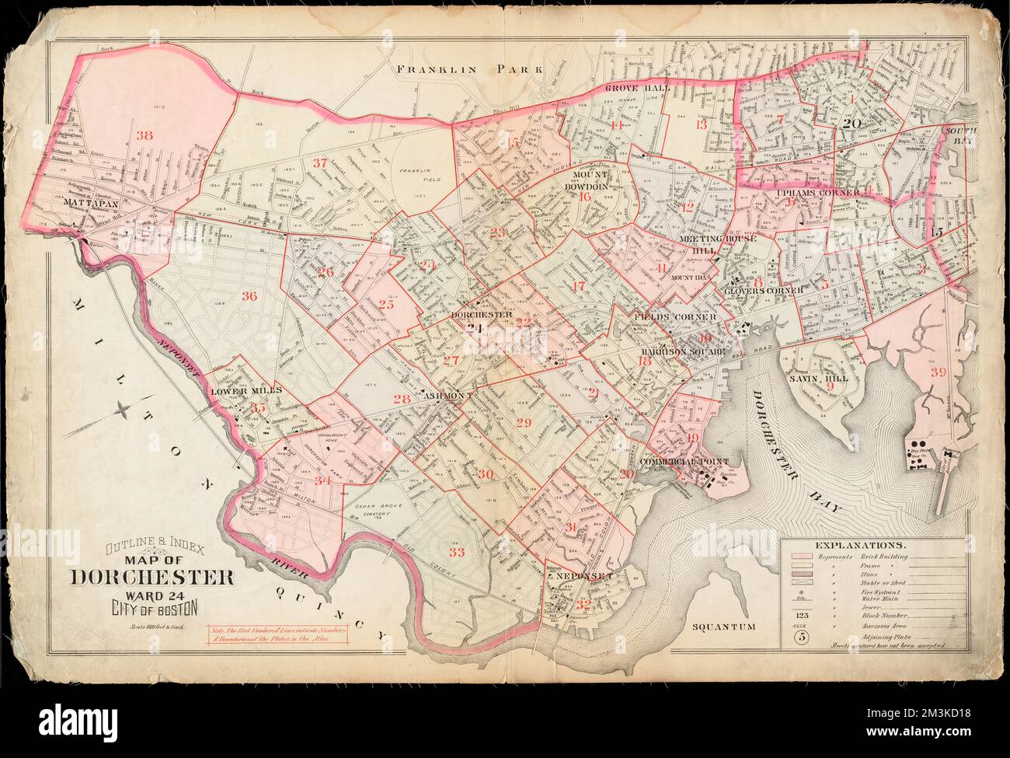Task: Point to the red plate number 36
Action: (249, 295)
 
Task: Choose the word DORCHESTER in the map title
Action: (153, 578)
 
